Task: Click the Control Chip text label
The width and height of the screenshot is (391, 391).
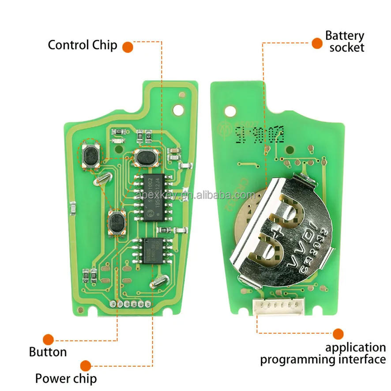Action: tap(83, 45)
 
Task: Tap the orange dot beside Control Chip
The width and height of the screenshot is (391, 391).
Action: tap(128, 46)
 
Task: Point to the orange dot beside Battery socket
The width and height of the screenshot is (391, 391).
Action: tap(317, 43)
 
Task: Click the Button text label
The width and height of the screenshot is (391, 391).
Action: tap(48, 352)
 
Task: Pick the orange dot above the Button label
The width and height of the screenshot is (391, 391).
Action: tap(48, 339)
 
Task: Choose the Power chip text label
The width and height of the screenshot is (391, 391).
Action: tap(66, 378)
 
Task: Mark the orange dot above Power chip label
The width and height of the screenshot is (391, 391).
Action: tap(85, 365)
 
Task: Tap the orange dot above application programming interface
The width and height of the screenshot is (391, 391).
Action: tap(338, 334)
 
